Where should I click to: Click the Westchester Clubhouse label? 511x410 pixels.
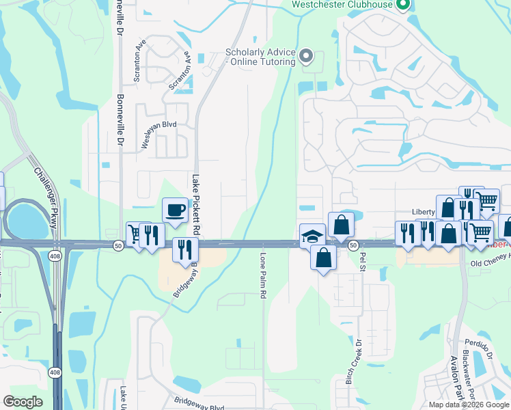tap(342, 5)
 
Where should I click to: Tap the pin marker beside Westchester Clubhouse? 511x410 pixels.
tap(402, 5)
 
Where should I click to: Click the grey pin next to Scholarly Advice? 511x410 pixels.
tap(306, 55)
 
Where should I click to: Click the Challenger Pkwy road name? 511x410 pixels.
tap(43, 191)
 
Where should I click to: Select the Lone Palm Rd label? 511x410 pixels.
tap(263, 275)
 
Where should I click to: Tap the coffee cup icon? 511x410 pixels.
tap(175, 209)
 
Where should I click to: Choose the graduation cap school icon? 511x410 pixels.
tap(312, 236)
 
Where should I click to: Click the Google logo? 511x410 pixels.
tap(23, 402)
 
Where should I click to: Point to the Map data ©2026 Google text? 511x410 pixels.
tap(468, 405)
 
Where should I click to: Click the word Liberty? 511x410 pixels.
tap(424, 212)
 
